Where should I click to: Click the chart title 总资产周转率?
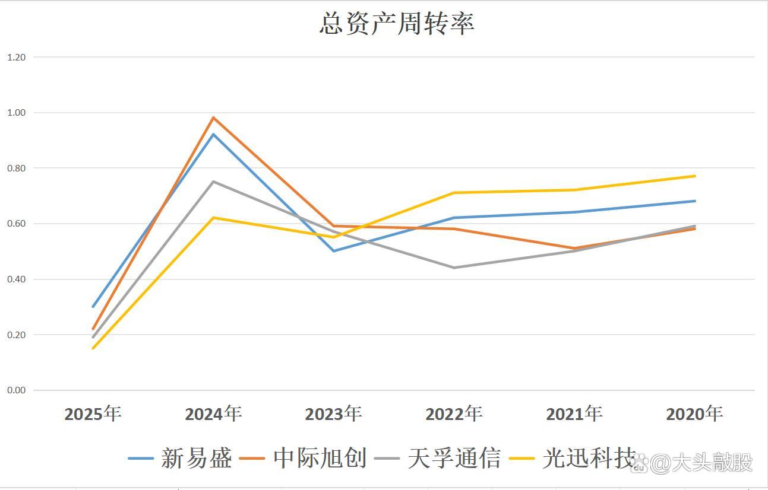pyautogui.click(x=396, y=24)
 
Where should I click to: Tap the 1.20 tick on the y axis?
pyautogui.click(x=17, y=57)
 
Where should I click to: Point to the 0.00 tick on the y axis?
pyautogui.click(x=17, y=390)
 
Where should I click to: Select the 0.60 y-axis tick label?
pyautogui.click(x=17, y=224)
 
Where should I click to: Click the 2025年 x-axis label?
pyautogui.click(x=93, y=413)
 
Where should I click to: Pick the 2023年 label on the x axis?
pyautogui.click(x=333, y=413)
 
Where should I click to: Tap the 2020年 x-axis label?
pyautogui.click(x=694, y=413)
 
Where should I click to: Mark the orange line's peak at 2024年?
pyautogui.click(x=213, y=117)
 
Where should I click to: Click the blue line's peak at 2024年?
pyautogui.click(x=213, y=134)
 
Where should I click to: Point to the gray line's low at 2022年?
pyautogui.click(x=454, y=268)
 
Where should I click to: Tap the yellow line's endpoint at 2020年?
pyautogui.click(x=694, y=176)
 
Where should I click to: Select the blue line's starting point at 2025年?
pyautogui.click(x=93, y=307)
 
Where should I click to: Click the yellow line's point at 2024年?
pyautogui.click(x=213, y=218)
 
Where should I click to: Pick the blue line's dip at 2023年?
pyautogui.click(x=333, y=251)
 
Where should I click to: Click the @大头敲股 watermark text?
pyautogui.click(x=701, y=463)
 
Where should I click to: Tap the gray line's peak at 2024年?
pyautogui.click(x=213, y=182)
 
